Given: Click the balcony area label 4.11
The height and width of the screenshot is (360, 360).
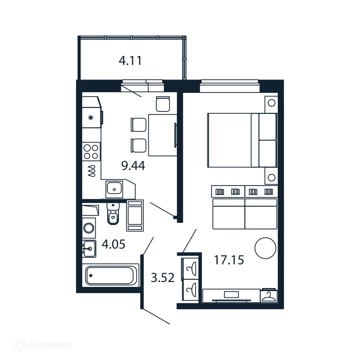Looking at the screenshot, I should pyautogui.click(x=130, y=61).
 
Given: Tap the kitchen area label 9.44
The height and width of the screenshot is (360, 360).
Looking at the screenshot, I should pyautogui.click(x=133, y=165).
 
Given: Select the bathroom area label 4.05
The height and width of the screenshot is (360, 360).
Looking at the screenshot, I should pyautogui.click(x=113, y=244).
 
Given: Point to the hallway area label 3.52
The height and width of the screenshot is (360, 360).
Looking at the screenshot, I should pyautogui.click(x=162, y=278).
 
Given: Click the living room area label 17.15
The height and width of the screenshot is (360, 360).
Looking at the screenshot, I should pyautogui.click(x=229, y=260).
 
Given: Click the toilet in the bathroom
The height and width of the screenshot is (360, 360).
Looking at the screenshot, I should pyautogui.click(x=113, y=215).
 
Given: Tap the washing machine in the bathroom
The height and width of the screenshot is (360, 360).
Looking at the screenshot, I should pyautogui.click(x=89, y=227).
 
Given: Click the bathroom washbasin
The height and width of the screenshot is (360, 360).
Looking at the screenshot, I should pyautogui.click(x=89, y=249).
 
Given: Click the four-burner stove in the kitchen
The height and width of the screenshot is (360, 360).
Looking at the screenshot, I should pyautogui.click(x=91, y=152).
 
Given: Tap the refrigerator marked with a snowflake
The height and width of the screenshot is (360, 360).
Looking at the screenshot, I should pyautogui.click(x=91, y=118).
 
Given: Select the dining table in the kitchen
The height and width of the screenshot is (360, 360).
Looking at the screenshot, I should pyautogui.click(x=162, y=135).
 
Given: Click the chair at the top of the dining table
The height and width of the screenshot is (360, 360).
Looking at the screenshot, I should pyautogui.click(x=163, y=104).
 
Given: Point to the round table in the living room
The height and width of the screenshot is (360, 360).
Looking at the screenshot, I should pyautogui.click(x=265, y=248).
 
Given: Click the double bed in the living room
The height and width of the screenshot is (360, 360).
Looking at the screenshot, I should pyautogui.click(x=242, y=140).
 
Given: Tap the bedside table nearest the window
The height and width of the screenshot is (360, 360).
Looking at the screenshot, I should pyautogui.click(x=271, y=103).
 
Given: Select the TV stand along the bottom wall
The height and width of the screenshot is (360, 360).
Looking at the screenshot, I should pyautogui.click(x=231, y=295).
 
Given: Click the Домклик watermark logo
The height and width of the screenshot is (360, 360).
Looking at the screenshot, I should pyautogui.click(x=43, y=345).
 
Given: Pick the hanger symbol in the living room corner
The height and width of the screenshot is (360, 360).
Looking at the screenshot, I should pyautogui.click(x=269, y=296).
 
